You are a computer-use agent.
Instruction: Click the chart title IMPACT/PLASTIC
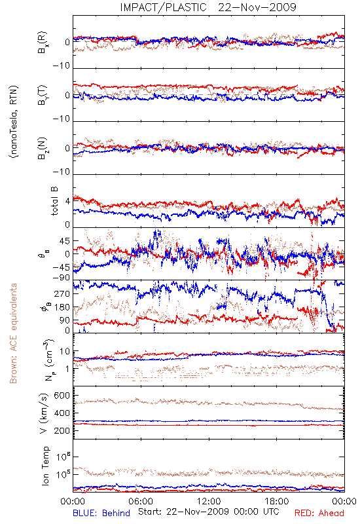pyautogui.click(x=163, y=7)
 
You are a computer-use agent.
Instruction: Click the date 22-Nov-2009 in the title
pyautogui.click(x=257, y=7)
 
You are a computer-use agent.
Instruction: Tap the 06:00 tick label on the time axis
pyautogui.click(x=141, y=501)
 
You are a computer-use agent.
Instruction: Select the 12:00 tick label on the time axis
pyautogui.click(x=209, y=501)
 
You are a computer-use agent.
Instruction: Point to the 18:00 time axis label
pyautogui.click(x=277, y=501)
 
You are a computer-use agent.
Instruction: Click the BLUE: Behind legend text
pyautogui.click(x=101, y=513)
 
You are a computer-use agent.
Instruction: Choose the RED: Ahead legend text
pyautogui.click(x=319, y=513)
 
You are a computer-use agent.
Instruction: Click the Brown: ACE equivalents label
pyautogui.click(x=13, y=333)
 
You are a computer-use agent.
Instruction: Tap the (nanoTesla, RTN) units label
pyautogui.click(x=14, y=122)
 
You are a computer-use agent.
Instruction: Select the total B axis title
pyautogui.click(x=54, y=201)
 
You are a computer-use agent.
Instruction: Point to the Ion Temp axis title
pyautogui.click(x=45, y=466)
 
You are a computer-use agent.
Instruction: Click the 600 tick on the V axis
pyautogui.click(x=62, y=396)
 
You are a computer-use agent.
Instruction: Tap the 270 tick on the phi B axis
pyautogui.click(x=62, y=293)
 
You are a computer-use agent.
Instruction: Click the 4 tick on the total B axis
pyautogui.click(x=68, y=201)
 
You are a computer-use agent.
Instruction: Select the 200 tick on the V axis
pyautogui.click(x=62, y=430)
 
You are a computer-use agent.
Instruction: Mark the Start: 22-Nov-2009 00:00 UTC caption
pyautogui.click(x=209, y=512)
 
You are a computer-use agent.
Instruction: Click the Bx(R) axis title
pyautogui.click(x=43, y=43)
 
